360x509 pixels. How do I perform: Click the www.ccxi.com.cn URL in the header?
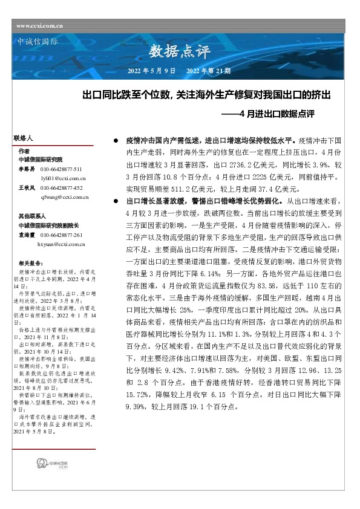40,26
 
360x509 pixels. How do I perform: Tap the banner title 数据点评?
174,53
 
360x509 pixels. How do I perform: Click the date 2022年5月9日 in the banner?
151,71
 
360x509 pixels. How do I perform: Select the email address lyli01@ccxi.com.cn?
63,179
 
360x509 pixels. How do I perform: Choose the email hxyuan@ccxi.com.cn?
62,244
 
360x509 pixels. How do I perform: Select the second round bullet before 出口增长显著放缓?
115,199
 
